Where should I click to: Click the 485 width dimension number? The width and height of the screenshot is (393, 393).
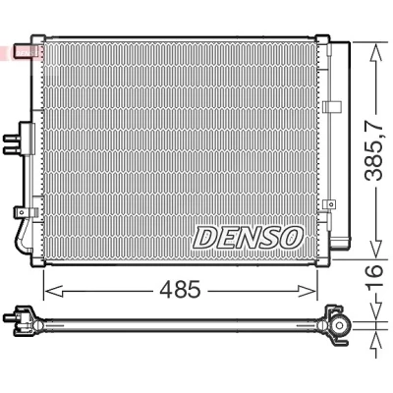click(x=180, y=290)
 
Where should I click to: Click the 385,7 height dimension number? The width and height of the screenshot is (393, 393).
click(x=373, y=150)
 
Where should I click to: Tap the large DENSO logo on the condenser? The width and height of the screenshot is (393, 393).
click(x=248, y=238)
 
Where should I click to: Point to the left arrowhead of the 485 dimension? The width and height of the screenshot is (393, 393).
click(x=53, y=291)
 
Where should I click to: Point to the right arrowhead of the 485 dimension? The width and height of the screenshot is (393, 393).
click(x=308, y=291)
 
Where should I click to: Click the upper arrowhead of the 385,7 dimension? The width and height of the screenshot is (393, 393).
click(x=376, y=52)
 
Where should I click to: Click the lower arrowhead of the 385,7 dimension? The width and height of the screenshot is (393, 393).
click(x=376, y=248)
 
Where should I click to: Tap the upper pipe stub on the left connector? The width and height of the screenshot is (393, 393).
click(x=12, y=140)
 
